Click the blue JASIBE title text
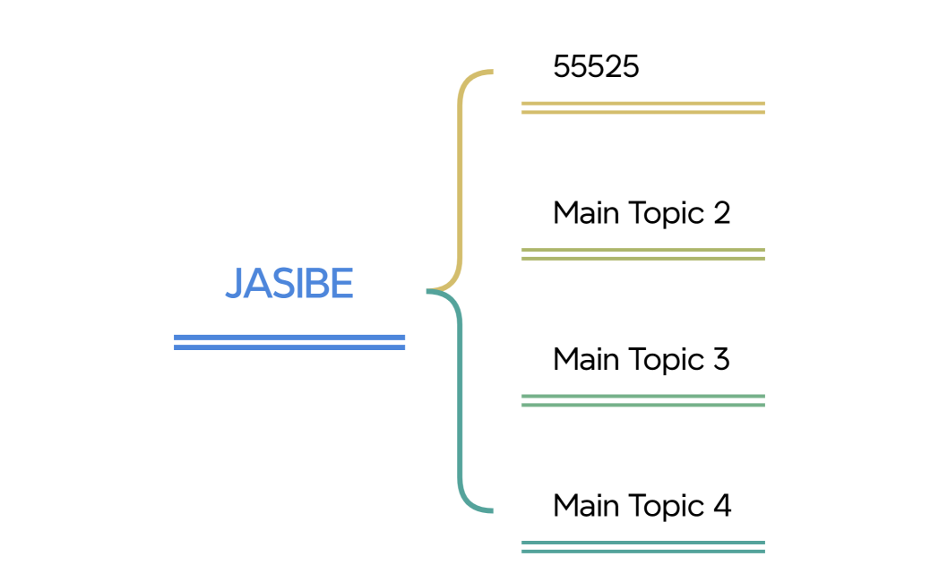289,284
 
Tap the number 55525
596,67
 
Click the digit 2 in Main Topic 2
721,213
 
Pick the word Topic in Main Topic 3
664,360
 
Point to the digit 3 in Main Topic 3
721,360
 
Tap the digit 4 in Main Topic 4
722,506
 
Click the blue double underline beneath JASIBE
289,342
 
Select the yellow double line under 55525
642,108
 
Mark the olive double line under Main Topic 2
642,254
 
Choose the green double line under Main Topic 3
642,400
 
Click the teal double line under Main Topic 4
642,546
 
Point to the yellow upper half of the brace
461,179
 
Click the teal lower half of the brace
461,403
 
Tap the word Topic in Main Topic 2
664,214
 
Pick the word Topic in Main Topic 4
664,507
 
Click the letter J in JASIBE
234,285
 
